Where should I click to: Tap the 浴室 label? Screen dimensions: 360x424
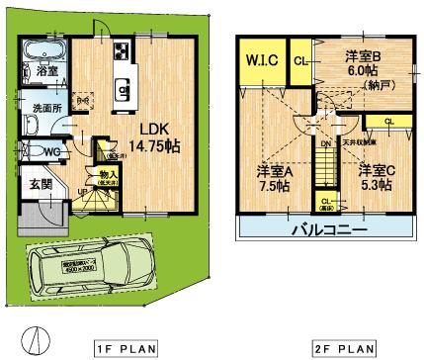pyautogui.click(x=45, y=71)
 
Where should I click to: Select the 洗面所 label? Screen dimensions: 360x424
pyautogui.click(x=41, y=108)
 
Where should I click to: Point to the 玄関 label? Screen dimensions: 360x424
pyautogui.click(x=40, y=183)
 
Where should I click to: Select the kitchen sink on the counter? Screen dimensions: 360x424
pyautogui.click(x=124, y=92)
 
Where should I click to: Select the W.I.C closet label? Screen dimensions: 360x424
pyautogui.click(x=262, y=62)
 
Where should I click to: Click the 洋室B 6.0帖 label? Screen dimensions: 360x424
pyautogui.click(x=364, y=63)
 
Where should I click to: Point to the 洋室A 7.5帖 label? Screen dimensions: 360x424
pyautogui.click(x=268, y=175)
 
